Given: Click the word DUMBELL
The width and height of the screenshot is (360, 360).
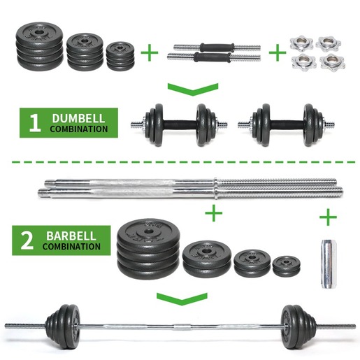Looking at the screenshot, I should click(x=75, y=118).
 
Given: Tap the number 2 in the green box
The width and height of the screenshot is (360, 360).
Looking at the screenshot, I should click(x=27, y=241).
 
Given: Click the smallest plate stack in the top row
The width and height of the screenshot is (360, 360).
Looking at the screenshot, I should click(x=121, y=55).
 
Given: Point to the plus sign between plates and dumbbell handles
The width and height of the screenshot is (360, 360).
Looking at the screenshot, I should click(x=148, y=52).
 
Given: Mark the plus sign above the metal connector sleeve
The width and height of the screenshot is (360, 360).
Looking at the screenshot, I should click(x=327, y=217).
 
